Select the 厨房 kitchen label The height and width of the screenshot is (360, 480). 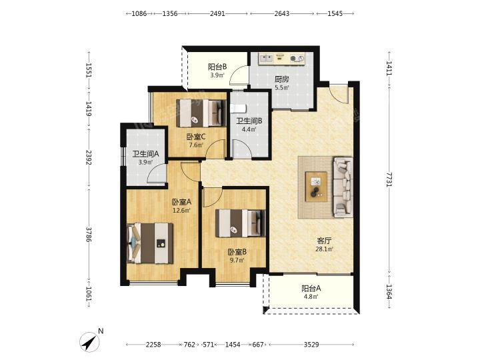click(x=281, y=79)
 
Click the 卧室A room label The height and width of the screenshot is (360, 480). click(x=181, y=202)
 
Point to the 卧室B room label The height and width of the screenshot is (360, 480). click(x=237, y=252)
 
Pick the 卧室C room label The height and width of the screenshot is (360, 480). click(x=196, y=137)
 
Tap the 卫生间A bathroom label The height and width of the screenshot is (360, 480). click(x=145, y=154)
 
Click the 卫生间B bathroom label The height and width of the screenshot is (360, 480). click(x=249, y=121)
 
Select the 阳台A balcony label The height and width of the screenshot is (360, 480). click(x=311, y=289)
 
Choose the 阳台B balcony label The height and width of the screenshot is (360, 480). click(x=217, y=67)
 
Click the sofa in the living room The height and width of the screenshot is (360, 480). click(x=343, y=187)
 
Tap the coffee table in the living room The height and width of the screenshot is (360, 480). click(x=316, y=187)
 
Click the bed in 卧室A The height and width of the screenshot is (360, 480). click(x=150, y=243)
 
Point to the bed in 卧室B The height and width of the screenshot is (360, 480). click(x=240, y=223)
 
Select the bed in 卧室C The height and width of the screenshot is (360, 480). click(x=201, y=113)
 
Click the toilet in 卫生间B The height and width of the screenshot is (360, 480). click(x=239, y=108)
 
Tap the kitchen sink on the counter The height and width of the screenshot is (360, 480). click(x=266, y=58)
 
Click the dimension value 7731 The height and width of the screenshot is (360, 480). click(x=389, y=179)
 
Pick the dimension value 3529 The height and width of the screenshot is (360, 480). click(x=311, y=345)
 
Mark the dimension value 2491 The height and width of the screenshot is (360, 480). click(x=217, y=13)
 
